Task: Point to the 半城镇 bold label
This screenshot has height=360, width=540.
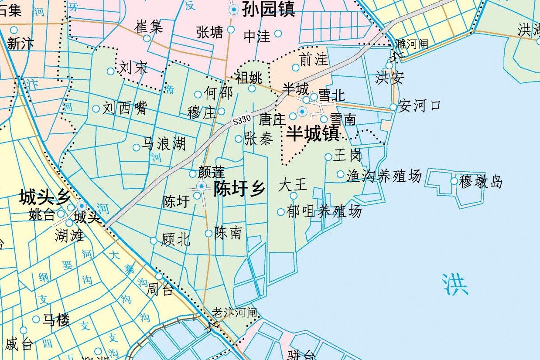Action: point(313,133)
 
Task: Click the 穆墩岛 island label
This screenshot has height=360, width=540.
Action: point(480,181)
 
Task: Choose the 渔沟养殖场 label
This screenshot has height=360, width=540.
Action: point(384,176)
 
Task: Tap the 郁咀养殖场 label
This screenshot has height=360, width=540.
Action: point(324,211)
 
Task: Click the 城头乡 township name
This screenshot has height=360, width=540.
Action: point(44,198)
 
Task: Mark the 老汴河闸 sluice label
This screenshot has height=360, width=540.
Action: point(234,312)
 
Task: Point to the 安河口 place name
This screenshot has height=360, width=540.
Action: point(419,105)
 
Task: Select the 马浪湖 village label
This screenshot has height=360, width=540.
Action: point(164,144)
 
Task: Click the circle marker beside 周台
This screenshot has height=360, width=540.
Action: point(159,276)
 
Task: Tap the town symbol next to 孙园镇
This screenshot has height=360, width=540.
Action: point(234,9)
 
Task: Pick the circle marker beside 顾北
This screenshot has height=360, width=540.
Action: point(154,241)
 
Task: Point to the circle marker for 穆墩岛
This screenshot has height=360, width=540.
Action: point(454,181)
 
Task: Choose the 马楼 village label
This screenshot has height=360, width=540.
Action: point(56,320)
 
